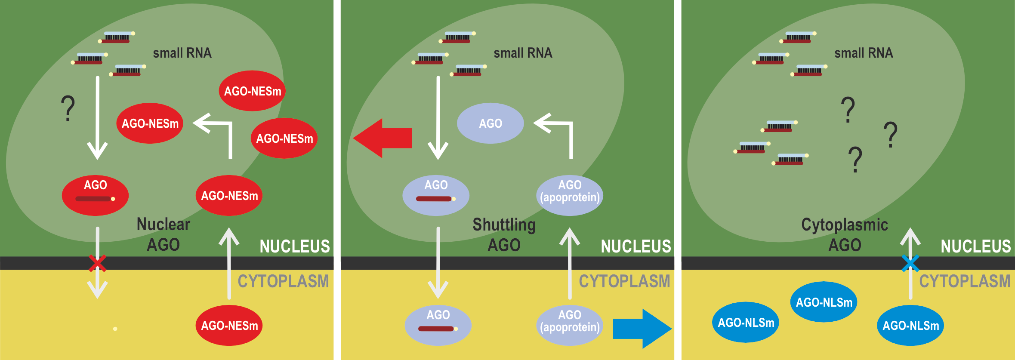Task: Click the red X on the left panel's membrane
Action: coord(98,263)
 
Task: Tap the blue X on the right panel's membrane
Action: coord(910,263)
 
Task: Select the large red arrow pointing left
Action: coord(382,138)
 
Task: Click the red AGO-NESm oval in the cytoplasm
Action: coord(229,326)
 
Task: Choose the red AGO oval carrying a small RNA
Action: coord(95,195)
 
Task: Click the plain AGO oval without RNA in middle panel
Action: coord(490,123)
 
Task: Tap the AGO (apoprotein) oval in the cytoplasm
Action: coord(570,326)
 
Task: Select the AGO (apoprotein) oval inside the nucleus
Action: coord(570,195)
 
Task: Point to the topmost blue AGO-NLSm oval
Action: coord(824,302)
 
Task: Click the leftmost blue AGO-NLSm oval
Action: coord(746,322)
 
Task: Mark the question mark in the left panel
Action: coord(68,108)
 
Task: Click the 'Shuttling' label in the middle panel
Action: coord(504,225)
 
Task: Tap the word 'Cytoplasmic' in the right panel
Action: coord(844,225)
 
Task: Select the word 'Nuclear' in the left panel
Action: coord(163,224)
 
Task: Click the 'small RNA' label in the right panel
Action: coord(864,53)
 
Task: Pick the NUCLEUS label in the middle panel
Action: coord(636,246)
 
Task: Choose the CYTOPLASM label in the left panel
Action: coord(283,281)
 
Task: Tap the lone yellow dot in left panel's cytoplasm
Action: coord(115,329)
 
